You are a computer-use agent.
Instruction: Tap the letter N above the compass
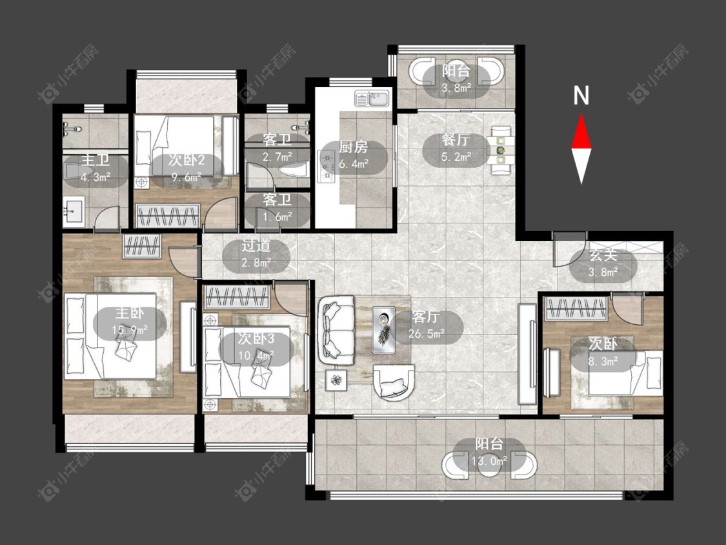point(581,96)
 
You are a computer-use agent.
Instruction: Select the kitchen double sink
point(373,99)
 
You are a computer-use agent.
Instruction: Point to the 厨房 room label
point(353,147)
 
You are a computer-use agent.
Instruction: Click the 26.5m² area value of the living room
point(427,333)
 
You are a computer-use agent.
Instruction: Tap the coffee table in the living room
point(384,330)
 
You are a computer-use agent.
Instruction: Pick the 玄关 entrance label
point(603,255)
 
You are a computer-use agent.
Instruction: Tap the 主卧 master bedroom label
point(130,313)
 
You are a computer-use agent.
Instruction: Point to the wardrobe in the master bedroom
point(142,246)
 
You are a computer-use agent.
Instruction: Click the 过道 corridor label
point(256,246)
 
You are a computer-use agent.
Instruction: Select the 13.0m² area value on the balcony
point(489,460)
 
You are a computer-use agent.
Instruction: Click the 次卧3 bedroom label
point(256,339)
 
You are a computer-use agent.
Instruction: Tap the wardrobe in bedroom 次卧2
point(168,216)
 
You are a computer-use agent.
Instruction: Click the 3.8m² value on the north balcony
point(456,88)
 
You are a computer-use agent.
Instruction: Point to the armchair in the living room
point(393,382)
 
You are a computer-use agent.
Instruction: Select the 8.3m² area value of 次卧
point(603,360)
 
